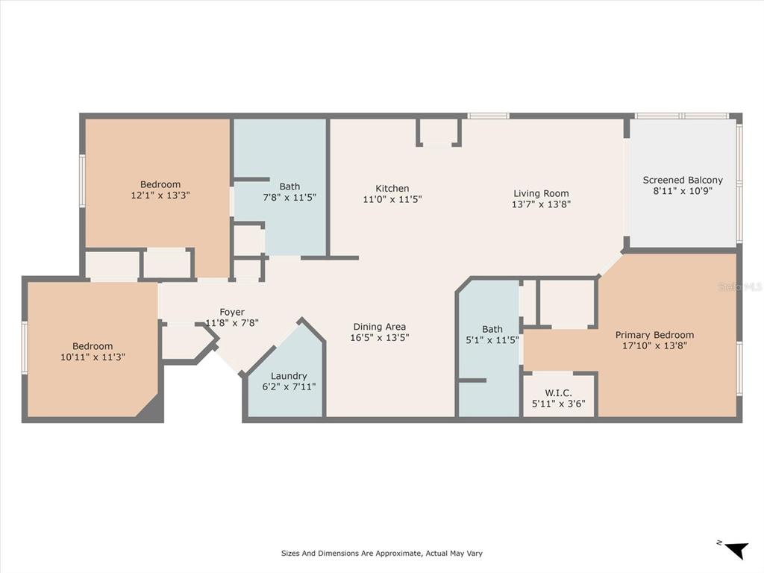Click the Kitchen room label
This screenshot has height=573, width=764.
pyautogui.click(x=392, y=189)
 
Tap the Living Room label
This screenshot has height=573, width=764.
pyautogui.click(x=541, y=193)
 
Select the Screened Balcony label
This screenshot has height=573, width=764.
pyautogui.click(x=683, y=180)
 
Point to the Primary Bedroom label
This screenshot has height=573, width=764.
pyautogui.click(x=654, y=335)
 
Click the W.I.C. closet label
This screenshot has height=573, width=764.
pyautogui.click(x=558, y=393)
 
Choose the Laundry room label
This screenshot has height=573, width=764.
pyautogui.click(x=289, y=376)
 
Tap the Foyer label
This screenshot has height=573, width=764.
pyautogui.click(x=232, y=312)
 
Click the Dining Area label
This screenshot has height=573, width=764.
pyautogui.click(x=380, y=326)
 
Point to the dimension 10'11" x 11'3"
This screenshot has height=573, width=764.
pyautogui.click(x=93, y=357)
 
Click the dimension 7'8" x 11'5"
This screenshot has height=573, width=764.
pyautogui.click(x=290, y=198)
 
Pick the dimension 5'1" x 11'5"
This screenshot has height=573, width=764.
pyautogui.click(x=492, y=339)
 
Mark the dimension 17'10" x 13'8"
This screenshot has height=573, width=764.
pyautogui.click(x=654, y=345)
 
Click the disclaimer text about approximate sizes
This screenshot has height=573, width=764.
pyautogui.click(x=381, y=554)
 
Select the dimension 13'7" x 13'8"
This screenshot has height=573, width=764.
pyautogui.click(x=541, y=204)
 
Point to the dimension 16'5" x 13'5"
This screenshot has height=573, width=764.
pyautogui.click(x=380, y=337)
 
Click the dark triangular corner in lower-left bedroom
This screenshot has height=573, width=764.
pyautogui.click(x=151, y=409)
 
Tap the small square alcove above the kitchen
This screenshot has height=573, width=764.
pyautogui.click(x=439, y=131)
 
